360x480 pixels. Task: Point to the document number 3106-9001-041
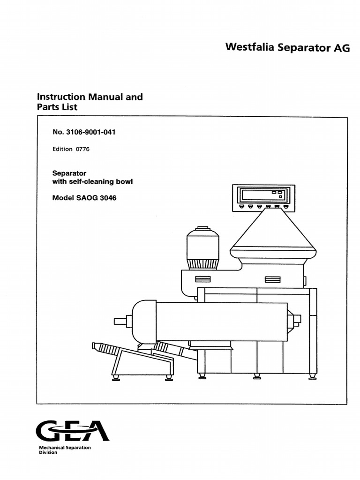[90, 132]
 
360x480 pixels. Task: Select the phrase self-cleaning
[93, 181]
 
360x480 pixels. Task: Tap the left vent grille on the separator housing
[203, 279]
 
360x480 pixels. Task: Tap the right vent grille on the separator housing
[272, 279]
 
